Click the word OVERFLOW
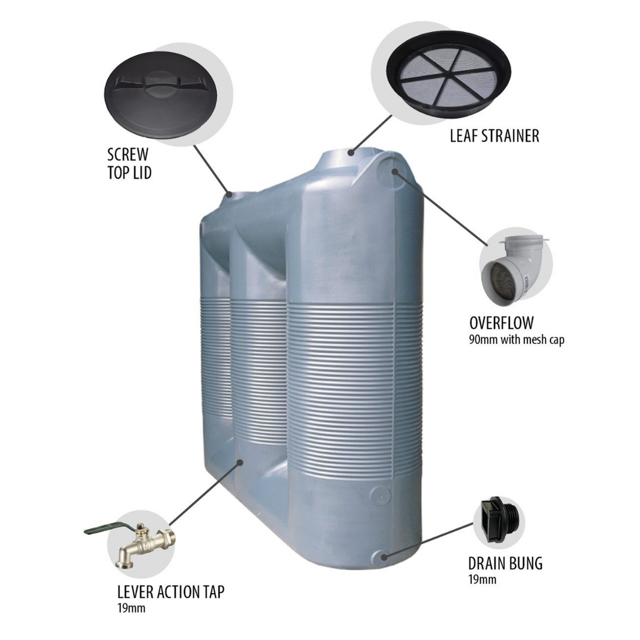tap(501, 323)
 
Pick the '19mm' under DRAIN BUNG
tap(482, 579)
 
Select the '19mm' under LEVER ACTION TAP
tap(132, 608)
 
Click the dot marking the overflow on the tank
tap(395, 170)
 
